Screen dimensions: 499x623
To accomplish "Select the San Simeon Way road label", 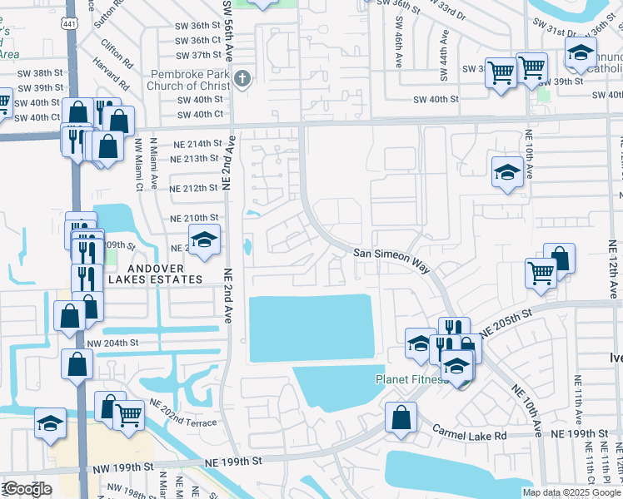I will [391, 258].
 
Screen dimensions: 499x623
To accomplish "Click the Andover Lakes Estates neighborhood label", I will [147, 279].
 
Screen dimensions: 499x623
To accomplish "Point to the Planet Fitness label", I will [408, 380].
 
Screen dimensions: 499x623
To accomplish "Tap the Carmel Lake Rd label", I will [470, 433].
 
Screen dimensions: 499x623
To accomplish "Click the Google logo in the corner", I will [27, 489].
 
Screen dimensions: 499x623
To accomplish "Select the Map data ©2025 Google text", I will [571, 492].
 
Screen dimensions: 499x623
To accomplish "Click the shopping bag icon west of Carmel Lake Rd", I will [401, 417].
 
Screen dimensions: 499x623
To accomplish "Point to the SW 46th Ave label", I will [398, 49].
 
